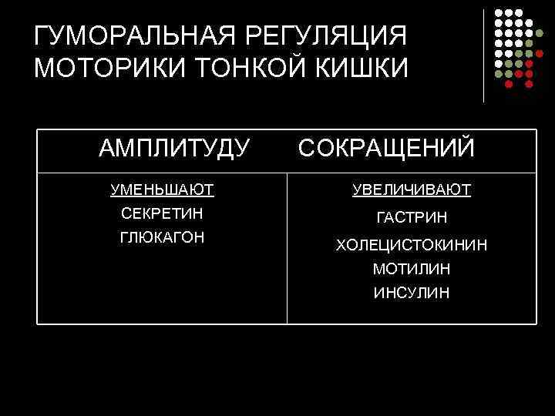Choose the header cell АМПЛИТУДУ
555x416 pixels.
(x=174, y=147)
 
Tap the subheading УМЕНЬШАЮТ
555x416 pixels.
(x=162, y=189)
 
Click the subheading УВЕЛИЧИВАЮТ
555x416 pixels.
(x=412, y=189)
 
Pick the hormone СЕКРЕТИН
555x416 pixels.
(x=162, y=213)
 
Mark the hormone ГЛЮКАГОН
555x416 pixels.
(x=162, y=237)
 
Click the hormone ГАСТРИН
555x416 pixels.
(x=412, y=219)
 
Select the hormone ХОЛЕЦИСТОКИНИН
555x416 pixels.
(x=412, y=245)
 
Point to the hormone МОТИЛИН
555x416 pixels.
(x=412, y=269)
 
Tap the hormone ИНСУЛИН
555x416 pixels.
(x=412, y=293)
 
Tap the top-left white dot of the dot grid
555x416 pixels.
(x=499, y=13)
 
